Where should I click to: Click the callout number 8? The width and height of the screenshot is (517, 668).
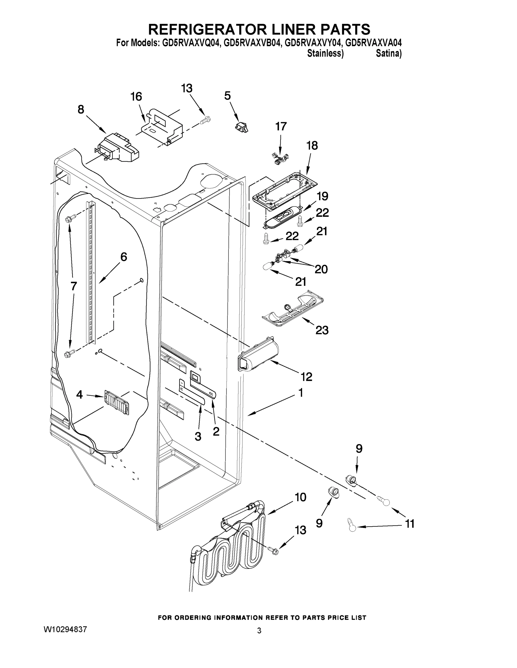(x=81, y=109)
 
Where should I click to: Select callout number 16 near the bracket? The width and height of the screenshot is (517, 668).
(x=136, y=97)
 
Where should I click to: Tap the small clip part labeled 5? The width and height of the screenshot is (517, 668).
(x=242, y=127)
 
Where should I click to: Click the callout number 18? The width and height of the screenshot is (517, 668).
(x=312, y=146)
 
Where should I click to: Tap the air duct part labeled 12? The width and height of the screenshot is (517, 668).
(x=258, y=357)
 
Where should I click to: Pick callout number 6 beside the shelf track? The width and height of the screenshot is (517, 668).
(x=123, y=257)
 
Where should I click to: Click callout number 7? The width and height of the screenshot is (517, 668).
(x=74, y=286)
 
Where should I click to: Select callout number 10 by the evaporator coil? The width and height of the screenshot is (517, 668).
(x=300, y=497)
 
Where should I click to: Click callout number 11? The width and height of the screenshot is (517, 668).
(x=409, y=524)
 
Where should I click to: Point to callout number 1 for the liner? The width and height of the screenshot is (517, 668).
(x=300, y=393)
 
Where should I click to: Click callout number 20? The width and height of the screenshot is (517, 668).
(x=321, y=269)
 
